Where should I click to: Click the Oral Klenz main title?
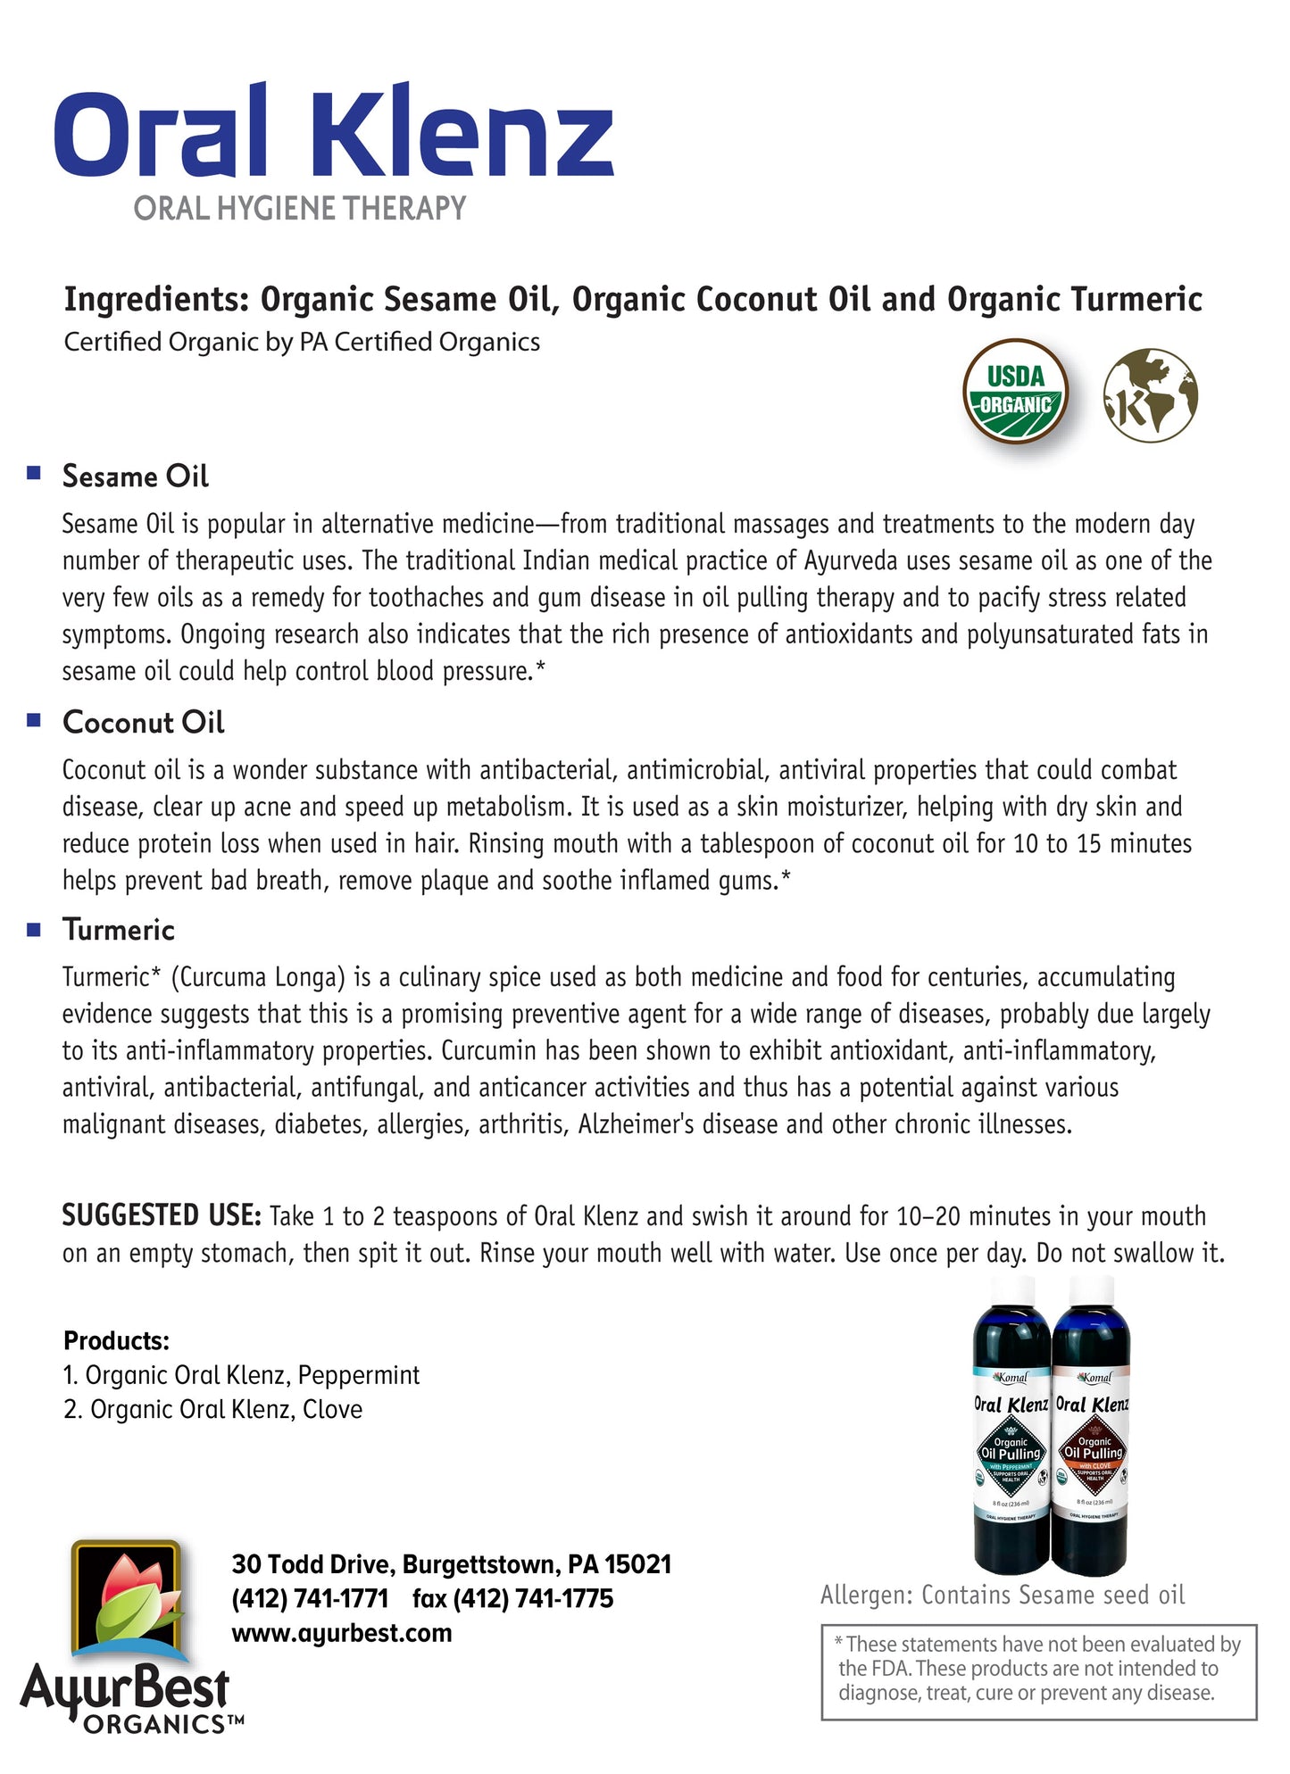tap(334, 131)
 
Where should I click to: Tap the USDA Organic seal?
tap(1015, 392)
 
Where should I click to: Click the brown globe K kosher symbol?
tap(1150, 394)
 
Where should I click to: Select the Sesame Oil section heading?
tap(135, 477)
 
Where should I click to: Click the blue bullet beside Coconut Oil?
tap(34, 720)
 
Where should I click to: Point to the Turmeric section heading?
tap(119, 930)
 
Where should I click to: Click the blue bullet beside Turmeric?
tap(34, 929)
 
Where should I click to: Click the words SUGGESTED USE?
tap(161, 1215)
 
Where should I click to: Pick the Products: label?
tap(116, 1340)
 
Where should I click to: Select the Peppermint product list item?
tap(241, 1375)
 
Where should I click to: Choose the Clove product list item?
tap(213, 1410)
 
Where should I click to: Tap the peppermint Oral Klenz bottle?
tap(1011, 1428)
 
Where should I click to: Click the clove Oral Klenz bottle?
tap(1092, 1428)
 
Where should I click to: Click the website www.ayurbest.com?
tap(341, 1633)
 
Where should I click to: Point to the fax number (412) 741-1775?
tap(513, 1598)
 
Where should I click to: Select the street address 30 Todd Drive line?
tap(451, 1564)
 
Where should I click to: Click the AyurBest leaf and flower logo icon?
tap(127, 1602)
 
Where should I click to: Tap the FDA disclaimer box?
tap(1038, 1671)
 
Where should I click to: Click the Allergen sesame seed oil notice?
tap(1002, 1595)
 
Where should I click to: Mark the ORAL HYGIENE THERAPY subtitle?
tap(300, 209)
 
